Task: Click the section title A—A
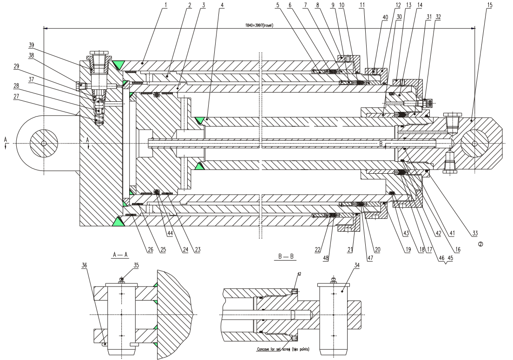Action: coord(117,255)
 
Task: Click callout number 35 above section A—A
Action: coord(124,265)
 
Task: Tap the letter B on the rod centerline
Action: coord(381,144)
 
